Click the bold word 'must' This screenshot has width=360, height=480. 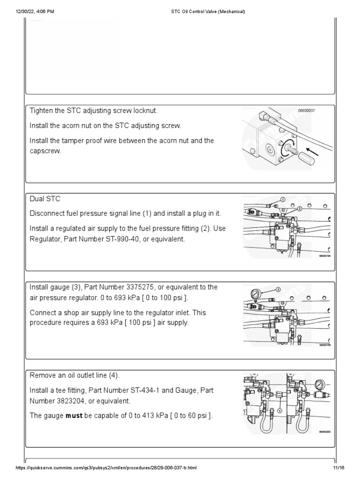coord(74,415)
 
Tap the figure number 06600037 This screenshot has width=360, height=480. coord(307,111)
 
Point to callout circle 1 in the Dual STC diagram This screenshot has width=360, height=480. coord(283,200)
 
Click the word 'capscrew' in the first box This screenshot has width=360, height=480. coord(46,151)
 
